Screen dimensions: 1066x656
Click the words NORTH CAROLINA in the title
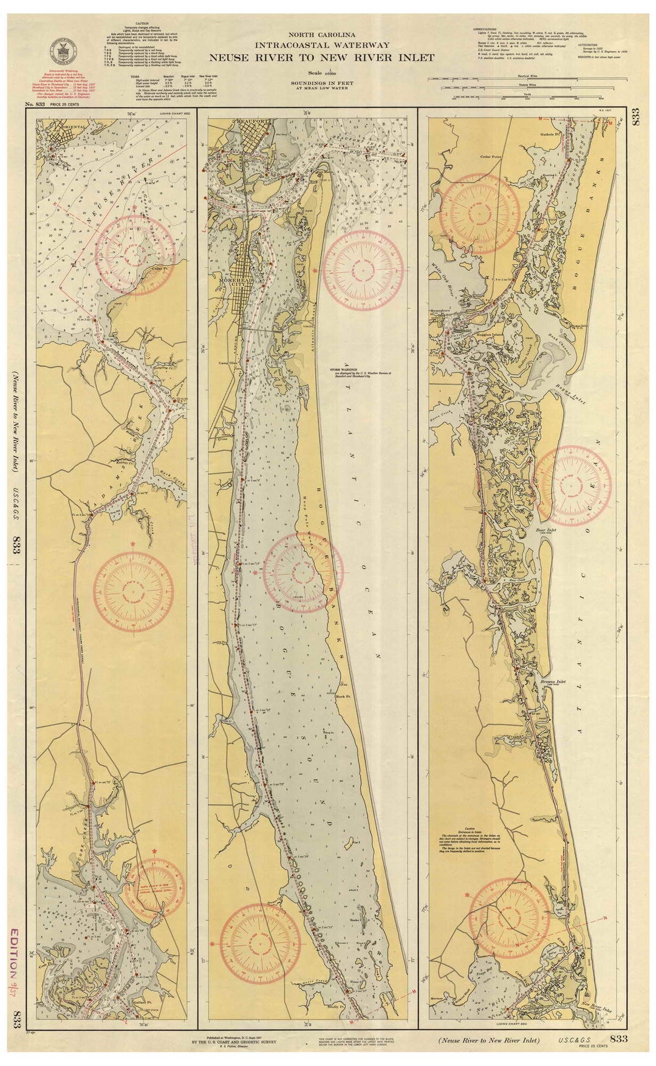pos(321,35)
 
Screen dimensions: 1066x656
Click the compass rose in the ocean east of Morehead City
pos(363,270)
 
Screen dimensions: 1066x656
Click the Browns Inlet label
pos(553,682)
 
